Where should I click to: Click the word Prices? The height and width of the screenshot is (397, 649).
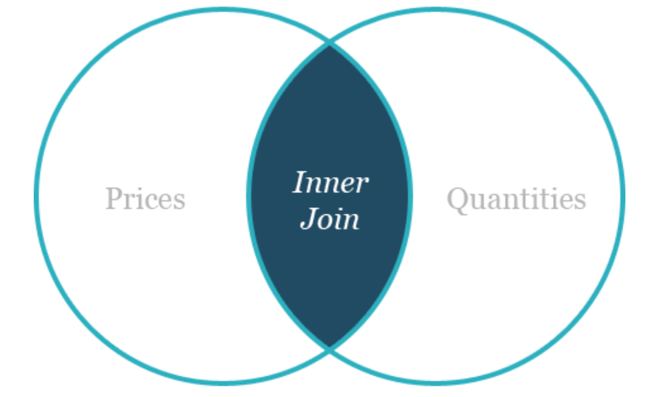point(145,199)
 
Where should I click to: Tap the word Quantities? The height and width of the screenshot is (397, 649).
point(516,199)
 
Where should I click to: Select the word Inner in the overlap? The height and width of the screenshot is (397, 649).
point(330,181)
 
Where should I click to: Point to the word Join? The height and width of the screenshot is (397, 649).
point(330,218)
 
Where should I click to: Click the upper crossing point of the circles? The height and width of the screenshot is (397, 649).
point(330,43)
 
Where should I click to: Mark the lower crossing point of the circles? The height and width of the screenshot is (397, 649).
point(330,347)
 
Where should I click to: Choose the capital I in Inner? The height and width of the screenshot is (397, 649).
point(299,181)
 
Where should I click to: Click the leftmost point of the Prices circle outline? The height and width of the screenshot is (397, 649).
point(36,196)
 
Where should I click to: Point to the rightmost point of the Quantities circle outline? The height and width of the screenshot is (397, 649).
point(623,196)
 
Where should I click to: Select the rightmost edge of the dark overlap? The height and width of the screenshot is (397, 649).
point(410,196)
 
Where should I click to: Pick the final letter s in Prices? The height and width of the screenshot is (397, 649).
point(180,201)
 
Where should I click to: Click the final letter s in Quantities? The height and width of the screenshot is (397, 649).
point(580,201)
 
